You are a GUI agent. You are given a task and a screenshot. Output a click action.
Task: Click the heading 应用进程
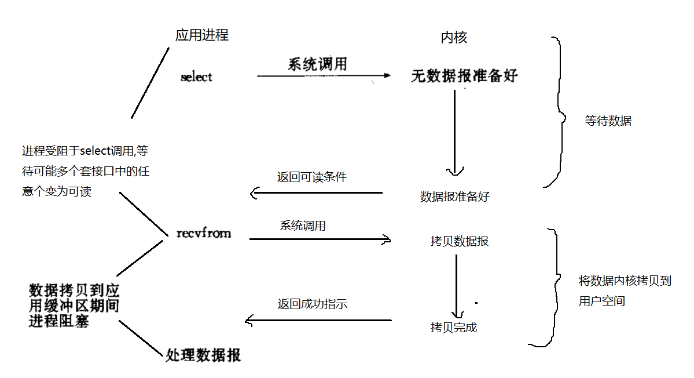202,35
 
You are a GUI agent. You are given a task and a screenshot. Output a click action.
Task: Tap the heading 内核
454,38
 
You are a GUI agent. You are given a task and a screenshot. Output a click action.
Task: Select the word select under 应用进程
196,77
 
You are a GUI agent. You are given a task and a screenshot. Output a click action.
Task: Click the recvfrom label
203,233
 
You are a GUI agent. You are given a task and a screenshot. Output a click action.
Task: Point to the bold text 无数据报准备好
464,76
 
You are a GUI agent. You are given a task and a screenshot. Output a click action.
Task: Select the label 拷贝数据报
460,241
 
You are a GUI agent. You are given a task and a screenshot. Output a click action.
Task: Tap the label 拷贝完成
454,328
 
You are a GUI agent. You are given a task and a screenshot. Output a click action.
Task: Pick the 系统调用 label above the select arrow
317,64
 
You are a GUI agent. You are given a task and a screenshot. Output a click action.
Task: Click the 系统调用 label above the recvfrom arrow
302,226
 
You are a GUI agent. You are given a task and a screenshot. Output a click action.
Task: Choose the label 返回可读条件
311,177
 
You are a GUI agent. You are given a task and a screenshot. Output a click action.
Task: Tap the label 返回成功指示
312,303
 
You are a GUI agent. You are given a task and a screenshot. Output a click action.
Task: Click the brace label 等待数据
608,121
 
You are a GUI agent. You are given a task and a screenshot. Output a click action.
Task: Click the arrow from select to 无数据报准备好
324,75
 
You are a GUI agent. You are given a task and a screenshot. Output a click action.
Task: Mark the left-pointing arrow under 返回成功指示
318,320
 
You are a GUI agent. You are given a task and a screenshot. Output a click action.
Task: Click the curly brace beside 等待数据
557,113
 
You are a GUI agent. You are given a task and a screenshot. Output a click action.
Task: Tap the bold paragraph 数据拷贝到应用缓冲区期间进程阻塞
74,306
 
